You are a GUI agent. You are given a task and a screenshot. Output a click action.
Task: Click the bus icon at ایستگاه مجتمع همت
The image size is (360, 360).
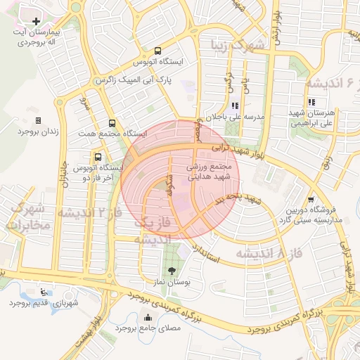111,123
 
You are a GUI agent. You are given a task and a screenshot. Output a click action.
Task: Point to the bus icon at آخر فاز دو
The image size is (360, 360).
97,157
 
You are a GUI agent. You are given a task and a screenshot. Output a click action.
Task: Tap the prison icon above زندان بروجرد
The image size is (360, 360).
38,120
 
